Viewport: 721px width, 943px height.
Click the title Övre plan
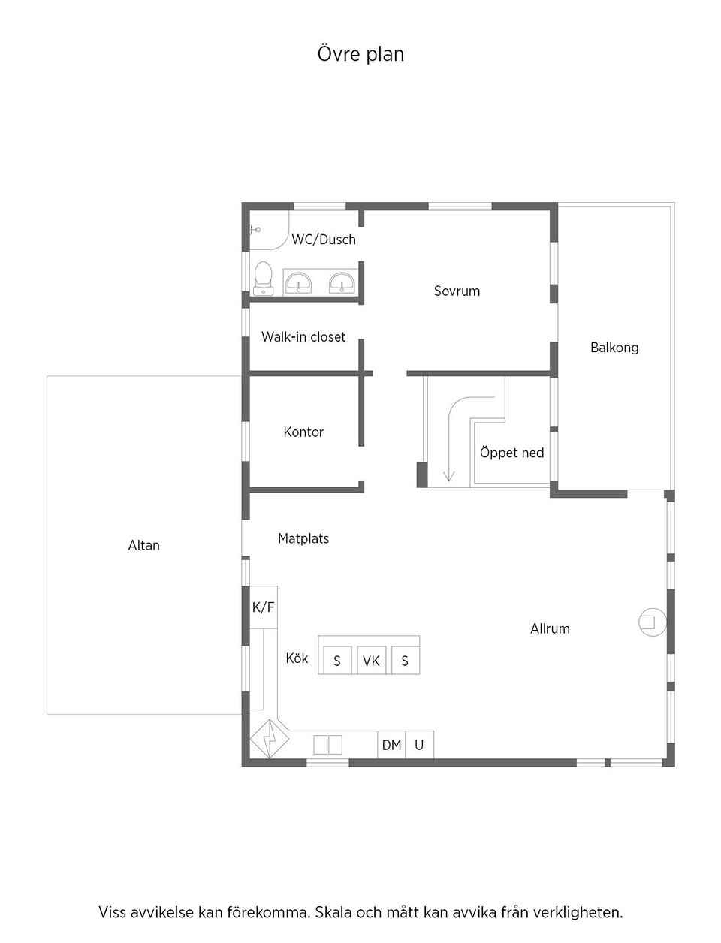(x=360, y=54)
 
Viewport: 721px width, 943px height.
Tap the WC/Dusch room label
(x=324, y=240)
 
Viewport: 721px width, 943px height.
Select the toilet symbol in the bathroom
(x=263, y=277)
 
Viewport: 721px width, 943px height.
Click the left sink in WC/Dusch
(x=298, y=283)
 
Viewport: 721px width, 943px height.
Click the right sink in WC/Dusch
(x=342, y=283)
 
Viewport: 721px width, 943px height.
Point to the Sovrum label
(x=457, y=291)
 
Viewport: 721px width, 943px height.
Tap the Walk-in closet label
(x=303, y=337)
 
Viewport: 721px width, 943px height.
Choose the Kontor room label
(x=303, y=432)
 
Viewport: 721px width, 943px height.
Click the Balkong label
(x=614, y=348)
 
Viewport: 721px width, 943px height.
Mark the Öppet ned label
(x=511, y=453)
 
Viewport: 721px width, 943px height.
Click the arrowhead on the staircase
(x=449, y=475)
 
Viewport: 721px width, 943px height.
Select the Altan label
(x=143, y=546)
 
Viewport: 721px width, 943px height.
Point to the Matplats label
(x=303, y=538)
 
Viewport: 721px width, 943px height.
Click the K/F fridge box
(x=263, y=607)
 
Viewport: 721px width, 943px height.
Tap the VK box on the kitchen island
(x=371, y=661)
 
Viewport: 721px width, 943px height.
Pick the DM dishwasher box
(x=391, y=745)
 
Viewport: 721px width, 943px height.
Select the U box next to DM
(x=419, y=745)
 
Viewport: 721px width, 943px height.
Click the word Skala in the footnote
(x=332, y=913)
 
